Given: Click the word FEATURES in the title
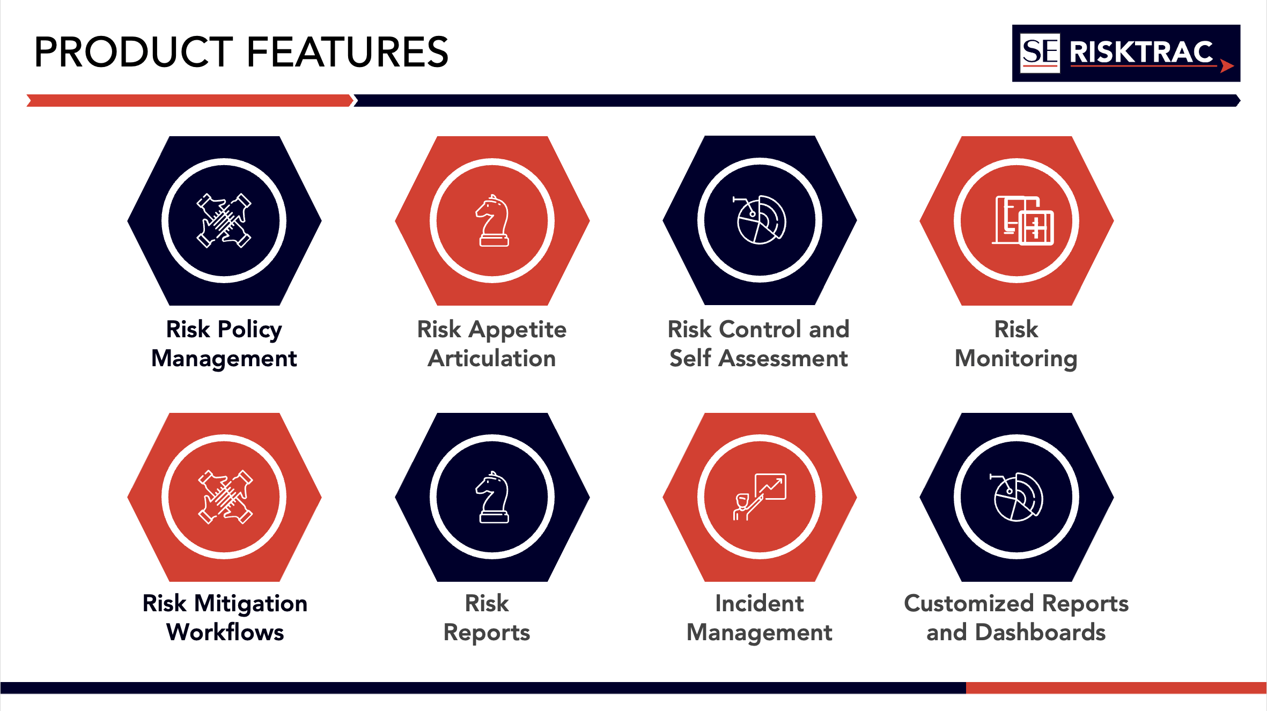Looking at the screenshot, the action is (347, 52).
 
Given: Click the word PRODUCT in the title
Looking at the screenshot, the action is (134, 52).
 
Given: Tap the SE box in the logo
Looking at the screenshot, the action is (1040, 53).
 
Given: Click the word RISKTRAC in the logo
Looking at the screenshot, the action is (1141, 53).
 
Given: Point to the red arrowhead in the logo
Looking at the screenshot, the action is (1227, 66).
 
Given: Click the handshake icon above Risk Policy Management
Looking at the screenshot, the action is (224, 220).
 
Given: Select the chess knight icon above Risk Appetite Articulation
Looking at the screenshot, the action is (492, 220).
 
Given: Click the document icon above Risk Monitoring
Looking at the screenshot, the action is (1023, 220).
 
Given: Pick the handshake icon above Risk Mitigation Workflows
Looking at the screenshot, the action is (225, 497).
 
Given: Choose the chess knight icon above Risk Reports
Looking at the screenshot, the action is (492, 497).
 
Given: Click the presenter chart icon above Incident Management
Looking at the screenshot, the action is (760, 497).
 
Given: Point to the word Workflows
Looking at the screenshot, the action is (225, 632).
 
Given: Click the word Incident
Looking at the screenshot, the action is (760, 603).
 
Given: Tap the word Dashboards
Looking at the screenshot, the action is (1040, 632).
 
